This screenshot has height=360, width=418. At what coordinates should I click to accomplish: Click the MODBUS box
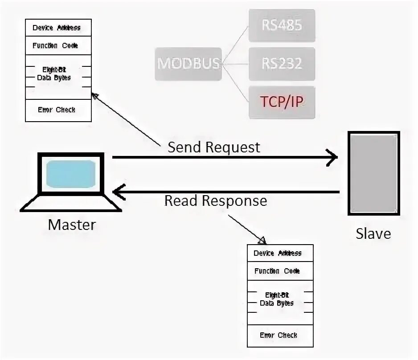[x=189, y=64]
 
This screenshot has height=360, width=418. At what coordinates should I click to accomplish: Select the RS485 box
[x=282, y=25]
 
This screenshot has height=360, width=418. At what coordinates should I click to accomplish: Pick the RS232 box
[x=282, y=64]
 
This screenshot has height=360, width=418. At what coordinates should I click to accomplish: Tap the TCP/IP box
[x=282, y=102]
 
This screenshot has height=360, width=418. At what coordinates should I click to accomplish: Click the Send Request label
[x=214, y=147]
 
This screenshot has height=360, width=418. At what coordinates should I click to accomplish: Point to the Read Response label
[x=216, y=200]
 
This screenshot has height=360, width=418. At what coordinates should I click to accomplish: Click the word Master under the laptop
[x=72, y=224]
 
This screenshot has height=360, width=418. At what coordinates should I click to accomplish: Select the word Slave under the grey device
[x=373, y=233]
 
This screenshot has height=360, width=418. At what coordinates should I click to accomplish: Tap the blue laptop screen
[x=71, y=173]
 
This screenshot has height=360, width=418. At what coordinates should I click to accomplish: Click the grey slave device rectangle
[x=373, y=173]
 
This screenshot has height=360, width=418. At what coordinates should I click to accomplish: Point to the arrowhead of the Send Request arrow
[x=332, y=157]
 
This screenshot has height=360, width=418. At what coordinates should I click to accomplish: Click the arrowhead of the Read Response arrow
[x=118, y=192]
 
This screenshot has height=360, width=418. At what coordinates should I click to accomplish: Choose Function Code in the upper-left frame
[x=55, y=45]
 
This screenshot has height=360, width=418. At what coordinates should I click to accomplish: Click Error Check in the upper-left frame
[x=57, y=110]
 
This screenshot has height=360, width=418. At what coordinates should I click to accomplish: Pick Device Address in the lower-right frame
[x=278, y=253]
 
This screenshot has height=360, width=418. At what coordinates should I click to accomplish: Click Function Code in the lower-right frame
[x=277, y=271]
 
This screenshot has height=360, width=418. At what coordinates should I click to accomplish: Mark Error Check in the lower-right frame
[x=279, y=335]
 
